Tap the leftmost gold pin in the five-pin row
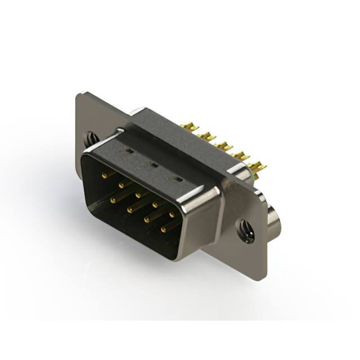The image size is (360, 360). click(x=103, y=175)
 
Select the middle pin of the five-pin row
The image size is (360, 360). click(x=138, y=195)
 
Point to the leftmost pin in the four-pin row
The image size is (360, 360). click(x=112, y=199)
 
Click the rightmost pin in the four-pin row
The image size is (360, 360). click(x=163, y=228)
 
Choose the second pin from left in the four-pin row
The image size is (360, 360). click(x=129, y=209)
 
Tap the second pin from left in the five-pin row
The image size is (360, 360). click(x=120, y=184)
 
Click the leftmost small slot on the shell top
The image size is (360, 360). click(x=129, y=151)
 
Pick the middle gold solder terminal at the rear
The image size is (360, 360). click(x=224, y=146)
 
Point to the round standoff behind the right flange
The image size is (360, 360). click(x=274, y=220)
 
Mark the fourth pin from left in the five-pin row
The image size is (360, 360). click(x=155, y=204)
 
